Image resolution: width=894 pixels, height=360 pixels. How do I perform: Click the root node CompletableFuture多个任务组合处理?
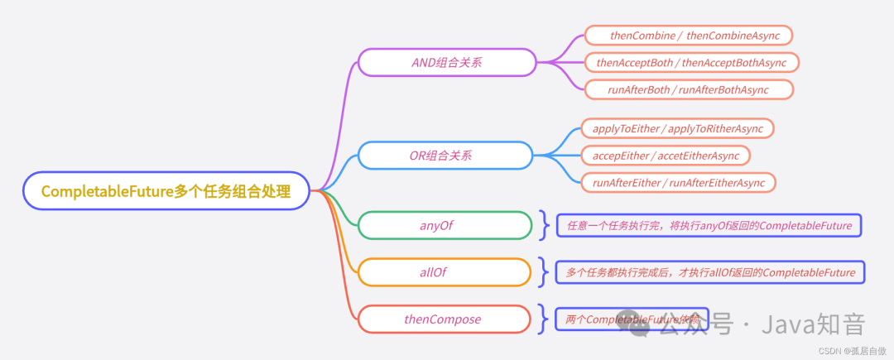tap(166, 191)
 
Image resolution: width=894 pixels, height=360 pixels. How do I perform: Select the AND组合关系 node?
tap(447, 62)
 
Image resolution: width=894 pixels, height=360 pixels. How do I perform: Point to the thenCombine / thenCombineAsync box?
tap(688, 35)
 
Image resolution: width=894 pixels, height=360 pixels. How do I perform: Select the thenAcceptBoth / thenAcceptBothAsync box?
tap(691, 62)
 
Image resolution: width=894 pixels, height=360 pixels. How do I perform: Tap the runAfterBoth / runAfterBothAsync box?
tap(689, 89)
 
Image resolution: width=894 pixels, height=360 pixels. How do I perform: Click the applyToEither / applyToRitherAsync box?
tap(677, 128)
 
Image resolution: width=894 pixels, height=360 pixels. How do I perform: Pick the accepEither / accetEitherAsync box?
tap(666, 156)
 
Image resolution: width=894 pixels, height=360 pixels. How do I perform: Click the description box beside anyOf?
tap(709, 225)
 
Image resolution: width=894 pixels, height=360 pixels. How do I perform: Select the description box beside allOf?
tap(710, 271)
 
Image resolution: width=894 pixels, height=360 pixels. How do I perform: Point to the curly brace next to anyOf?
tap(544, 225)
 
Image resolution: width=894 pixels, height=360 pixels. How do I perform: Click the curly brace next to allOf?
tap(544, 271)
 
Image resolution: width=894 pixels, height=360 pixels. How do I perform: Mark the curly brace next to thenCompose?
tap(544, 319)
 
